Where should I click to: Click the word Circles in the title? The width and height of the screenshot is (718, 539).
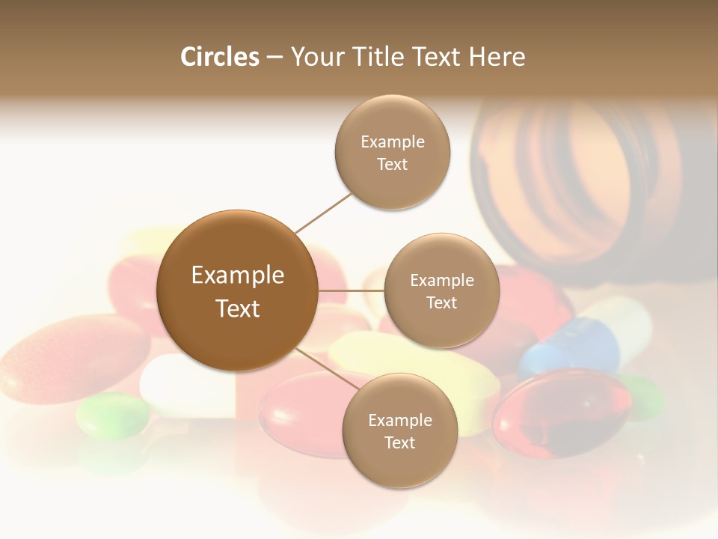tap(219, 57)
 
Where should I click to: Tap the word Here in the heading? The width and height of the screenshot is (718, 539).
tap(497, 57)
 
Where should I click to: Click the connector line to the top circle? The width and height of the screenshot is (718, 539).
tap(323, 213)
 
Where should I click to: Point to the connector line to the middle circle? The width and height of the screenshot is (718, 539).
tap(351, 290)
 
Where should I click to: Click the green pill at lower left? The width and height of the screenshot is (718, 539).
tap(112, 415)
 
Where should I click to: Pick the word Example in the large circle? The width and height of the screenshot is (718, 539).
tap(238, 275)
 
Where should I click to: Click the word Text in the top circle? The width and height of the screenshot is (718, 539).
tap(393, 165)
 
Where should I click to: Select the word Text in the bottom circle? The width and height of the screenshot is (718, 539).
tap(400, 443)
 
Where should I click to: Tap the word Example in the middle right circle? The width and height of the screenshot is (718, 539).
tap(442, 281)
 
